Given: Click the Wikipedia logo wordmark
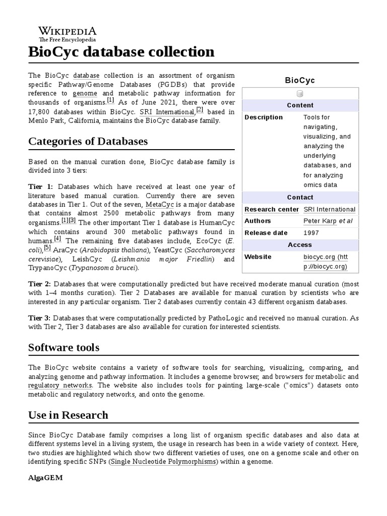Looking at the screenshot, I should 68,31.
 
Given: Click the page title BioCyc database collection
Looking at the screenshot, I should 121,52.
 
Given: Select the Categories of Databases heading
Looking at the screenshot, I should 88,141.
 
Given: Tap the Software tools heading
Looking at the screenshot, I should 64,347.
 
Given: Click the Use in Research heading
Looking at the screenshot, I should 69,415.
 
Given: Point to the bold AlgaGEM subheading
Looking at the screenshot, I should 45,478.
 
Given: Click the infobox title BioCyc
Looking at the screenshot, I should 300,80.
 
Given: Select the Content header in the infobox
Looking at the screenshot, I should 300,105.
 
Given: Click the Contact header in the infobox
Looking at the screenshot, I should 300,198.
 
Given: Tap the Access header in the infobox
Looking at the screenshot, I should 300,245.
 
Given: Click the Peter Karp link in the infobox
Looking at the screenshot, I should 319,221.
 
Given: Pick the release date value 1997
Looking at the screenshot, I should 310,233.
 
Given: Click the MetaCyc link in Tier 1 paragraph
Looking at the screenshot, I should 162,205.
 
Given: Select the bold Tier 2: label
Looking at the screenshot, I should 40,284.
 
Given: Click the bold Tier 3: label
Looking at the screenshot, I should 40,318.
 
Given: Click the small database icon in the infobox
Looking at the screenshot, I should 300,94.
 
